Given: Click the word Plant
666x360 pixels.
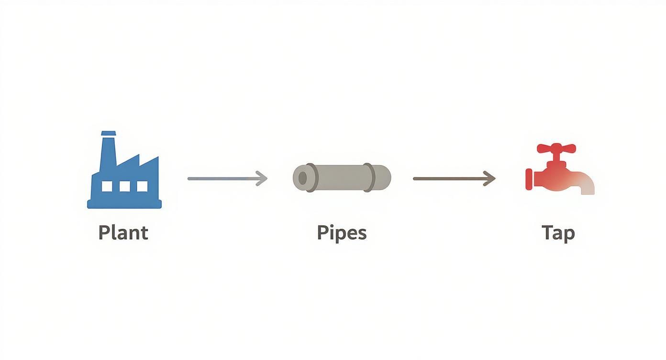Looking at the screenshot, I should coord(123,233).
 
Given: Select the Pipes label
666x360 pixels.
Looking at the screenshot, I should coord(342,233).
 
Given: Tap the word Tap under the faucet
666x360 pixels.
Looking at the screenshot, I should coord(558,233).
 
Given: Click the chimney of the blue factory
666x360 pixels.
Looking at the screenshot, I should coord(109,146).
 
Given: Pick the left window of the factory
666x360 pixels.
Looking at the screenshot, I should coord(107,186).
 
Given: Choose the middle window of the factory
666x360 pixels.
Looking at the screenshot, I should coord(124,186).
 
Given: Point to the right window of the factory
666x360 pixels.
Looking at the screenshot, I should coord(142,186).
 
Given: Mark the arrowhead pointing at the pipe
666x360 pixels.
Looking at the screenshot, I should coord(262,179).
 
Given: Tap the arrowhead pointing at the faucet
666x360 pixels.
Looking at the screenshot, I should coord(490,179).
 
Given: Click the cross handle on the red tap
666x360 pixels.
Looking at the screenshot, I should coord(556,148).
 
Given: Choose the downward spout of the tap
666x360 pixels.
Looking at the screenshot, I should coord(588,188).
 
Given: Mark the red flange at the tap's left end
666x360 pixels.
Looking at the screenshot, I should coord(529,179).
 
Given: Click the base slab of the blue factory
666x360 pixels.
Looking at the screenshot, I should coord(124,204).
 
